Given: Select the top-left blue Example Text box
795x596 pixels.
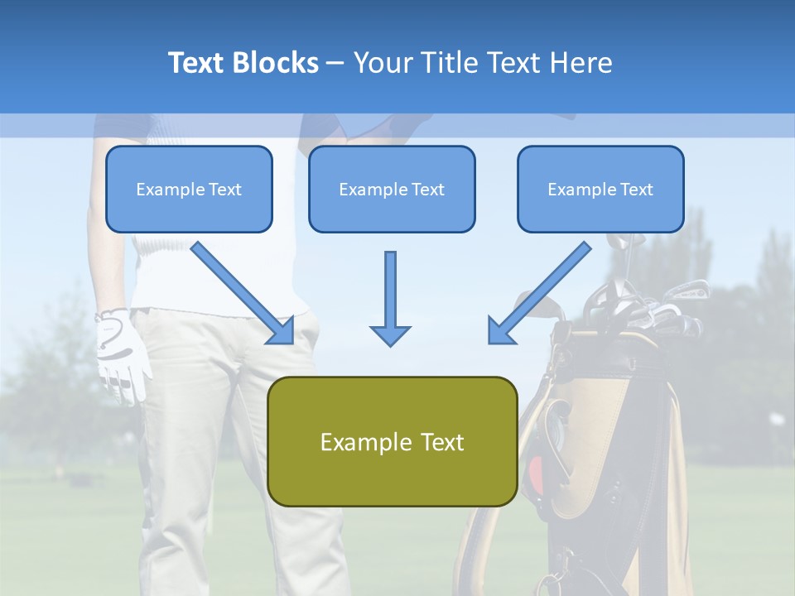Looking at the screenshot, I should point(189,189).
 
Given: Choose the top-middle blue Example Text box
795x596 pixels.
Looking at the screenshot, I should point(392,189).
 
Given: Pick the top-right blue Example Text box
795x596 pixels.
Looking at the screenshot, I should point(600,189).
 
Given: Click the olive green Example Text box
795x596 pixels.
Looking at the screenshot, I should point(392,441).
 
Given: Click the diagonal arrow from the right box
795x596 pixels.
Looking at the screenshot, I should point(540,291).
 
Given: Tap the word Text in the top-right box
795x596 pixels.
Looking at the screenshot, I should point(636,189).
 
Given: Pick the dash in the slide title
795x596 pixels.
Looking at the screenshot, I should point(335,63).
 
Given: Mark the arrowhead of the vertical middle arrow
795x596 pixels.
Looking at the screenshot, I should point(390,334).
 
